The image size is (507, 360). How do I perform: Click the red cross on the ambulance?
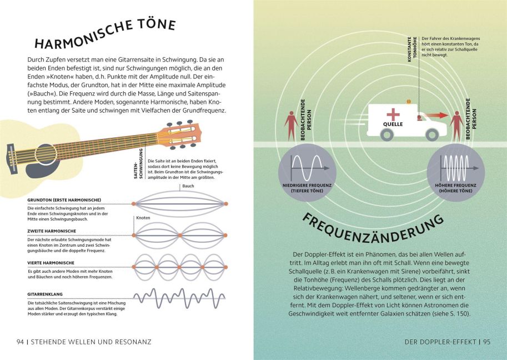click(393, 114)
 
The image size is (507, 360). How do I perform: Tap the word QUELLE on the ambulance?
click(393, 124)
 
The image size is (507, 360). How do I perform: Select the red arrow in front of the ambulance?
click(436, 116)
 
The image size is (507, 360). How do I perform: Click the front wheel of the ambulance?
click(432, 134)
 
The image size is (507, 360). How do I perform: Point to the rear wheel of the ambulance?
click(386, 134)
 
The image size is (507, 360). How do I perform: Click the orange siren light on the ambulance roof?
click(409, 102)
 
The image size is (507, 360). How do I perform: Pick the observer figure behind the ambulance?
click(292, 126)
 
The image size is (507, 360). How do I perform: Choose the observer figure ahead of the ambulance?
click(456, 126)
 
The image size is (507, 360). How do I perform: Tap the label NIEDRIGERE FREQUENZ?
click(307, 186)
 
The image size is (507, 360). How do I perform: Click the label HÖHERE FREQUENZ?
click(455, 186)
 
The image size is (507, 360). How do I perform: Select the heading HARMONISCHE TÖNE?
click(105, 34)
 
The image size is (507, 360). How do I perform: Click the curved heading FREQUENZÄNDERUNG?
click(373, 229)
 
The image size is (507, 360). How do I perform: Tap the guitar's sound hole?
click(46, 154)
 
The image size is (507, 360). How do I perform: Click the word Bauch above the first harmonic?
click(188, 186)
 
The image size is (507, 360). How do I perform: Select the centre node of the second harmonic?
click(180, 236)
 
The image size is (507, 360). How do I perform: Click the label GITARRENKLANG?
click(45, 294)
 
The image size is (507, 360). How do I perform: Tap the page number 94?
click(21, 342)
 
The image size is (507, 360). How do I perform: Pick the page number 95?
click(487, 342)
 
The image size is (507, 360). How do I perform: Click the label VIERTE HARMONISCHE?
click(51, 263)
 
